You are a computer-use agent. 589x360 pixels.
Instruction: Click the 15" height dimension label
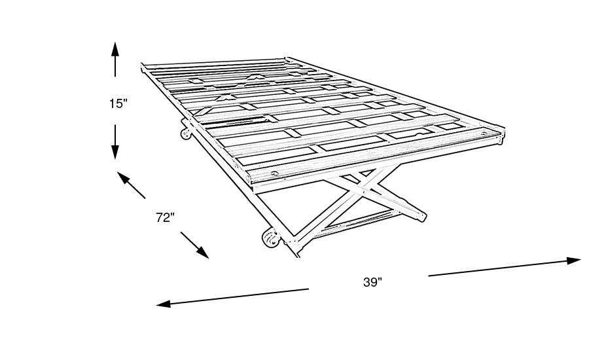118,103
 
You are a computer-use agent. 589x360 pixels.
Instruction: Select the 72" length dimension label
166,217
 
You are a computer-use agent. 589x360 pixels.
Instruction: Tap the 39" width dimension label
372,282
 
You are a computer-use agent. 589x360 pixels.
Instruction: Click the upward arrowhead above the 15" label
115,49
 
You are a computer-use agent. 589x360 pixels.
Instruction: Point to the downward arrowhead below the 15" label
115,152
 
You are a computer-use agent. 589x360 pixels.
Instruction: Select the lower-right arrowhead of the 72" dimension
202,253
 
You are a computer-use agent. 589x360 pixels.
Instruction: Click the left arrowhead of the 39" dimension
164,304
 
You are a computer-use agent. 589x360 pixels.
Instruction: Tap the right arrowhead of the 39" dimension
573,261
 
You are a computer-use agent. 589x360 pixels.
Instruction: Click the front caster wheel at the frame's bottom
270,238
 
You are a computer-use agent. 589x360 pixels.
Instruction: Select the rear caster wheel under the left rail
185,134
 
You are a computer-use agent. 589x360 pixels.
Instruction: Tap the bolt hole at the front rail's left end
275,173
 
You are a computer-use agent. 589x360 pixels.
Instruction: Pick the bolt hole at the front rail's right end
484,133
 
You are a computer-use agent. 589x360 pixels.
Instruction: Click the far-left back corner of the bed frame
142,64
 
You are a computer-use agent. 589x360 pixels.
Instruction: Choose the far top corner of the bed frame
287,58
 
